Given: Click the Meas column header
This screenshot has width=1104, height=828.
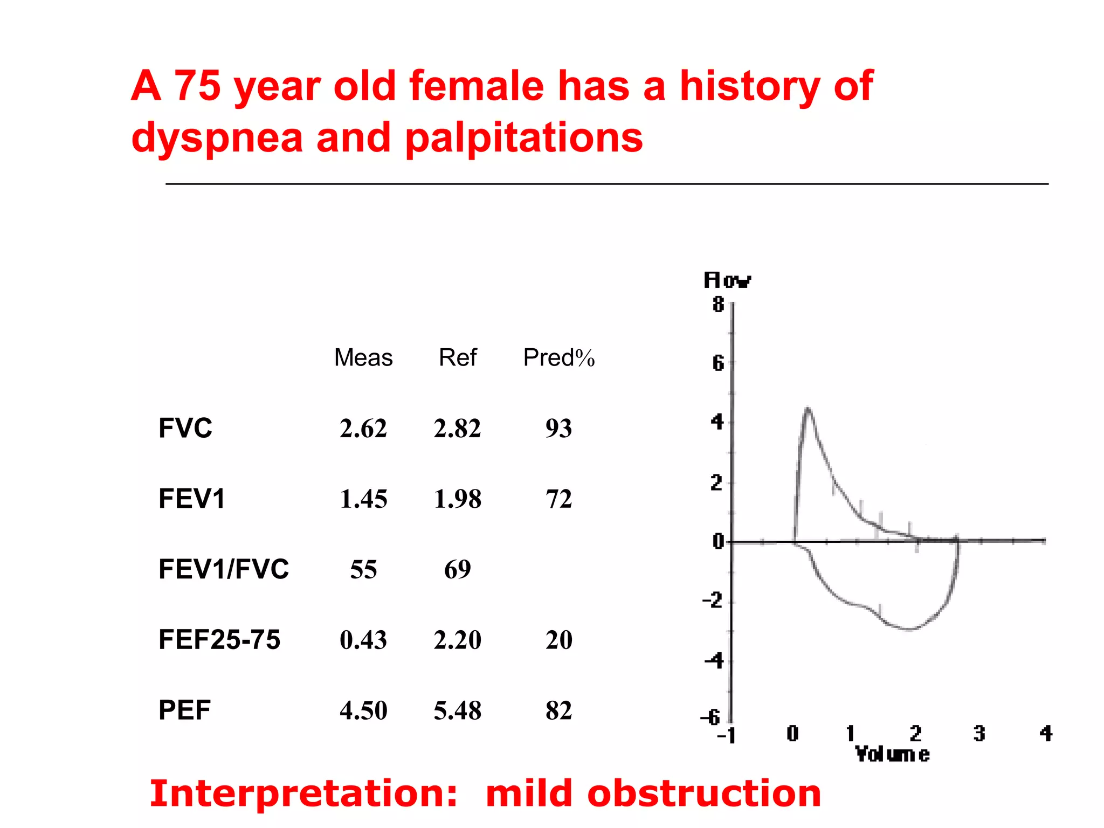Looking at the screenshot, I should point(363,357).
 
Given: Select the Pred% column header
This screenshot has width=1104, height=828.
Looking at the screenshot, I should point(558,357).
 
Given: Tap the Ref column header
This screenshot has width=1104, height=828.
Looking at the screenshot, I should point(458,357).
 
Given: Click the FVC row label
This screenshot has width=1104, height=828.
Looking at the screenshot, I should point(185,428).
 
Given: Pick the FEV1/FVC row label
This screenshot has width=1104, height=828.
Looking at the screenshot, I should point(223,569).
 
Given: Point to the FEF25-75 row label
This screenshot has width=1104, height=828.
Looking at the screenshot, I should point(219,640).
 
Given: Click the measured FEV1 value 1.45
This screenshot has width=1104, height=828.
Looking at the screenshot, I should point(363,499).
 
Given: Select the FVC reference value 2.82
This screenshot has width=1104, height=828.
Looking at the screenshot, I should point(457,429).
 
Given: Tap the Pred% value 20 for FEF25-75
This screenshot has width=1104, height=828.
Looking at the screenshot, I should point(558,640).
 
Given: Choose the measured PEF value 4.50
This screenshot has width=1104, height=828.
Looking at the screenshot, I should point(363,710).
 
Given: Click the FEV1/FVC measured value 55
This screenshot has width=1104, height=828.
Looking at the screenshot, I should point(363,569).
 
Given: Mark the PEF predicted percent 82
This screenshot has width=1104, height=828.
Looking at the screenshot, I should point(558,710).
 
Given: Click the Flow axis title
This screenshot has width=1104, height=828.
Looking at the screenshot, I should point(727,280).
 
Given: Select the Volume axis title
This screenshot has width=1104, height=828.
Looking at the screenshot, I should point(892,754).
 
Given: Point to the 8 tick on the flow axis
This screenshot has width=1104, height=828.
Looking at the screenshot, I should point(718,305).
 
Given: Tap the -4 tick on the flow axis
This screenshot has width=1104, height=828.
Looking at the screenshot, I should point(714,660).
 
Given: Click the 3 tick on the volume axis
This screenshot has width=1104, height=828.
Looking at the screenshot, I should point(979,734).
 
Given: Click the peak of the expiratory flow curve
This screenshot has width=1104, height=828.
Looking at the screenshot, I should point(808,409).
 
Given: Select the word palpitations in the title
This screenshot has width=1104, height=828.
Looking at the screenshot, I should point(523,138).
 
